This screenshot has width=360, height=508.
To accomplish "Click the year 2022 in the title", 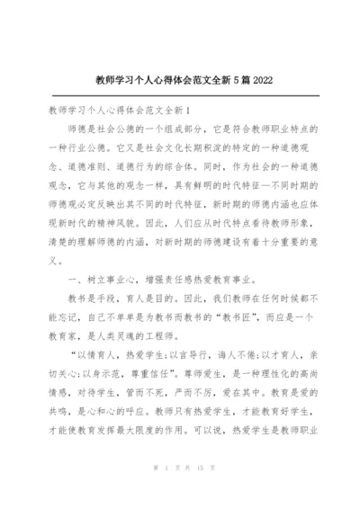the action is pyautogui.click(x=258, y=80).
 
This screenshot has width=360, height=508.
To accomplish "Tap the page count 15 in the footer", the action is pyautogui.click(x=195, y=494).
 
